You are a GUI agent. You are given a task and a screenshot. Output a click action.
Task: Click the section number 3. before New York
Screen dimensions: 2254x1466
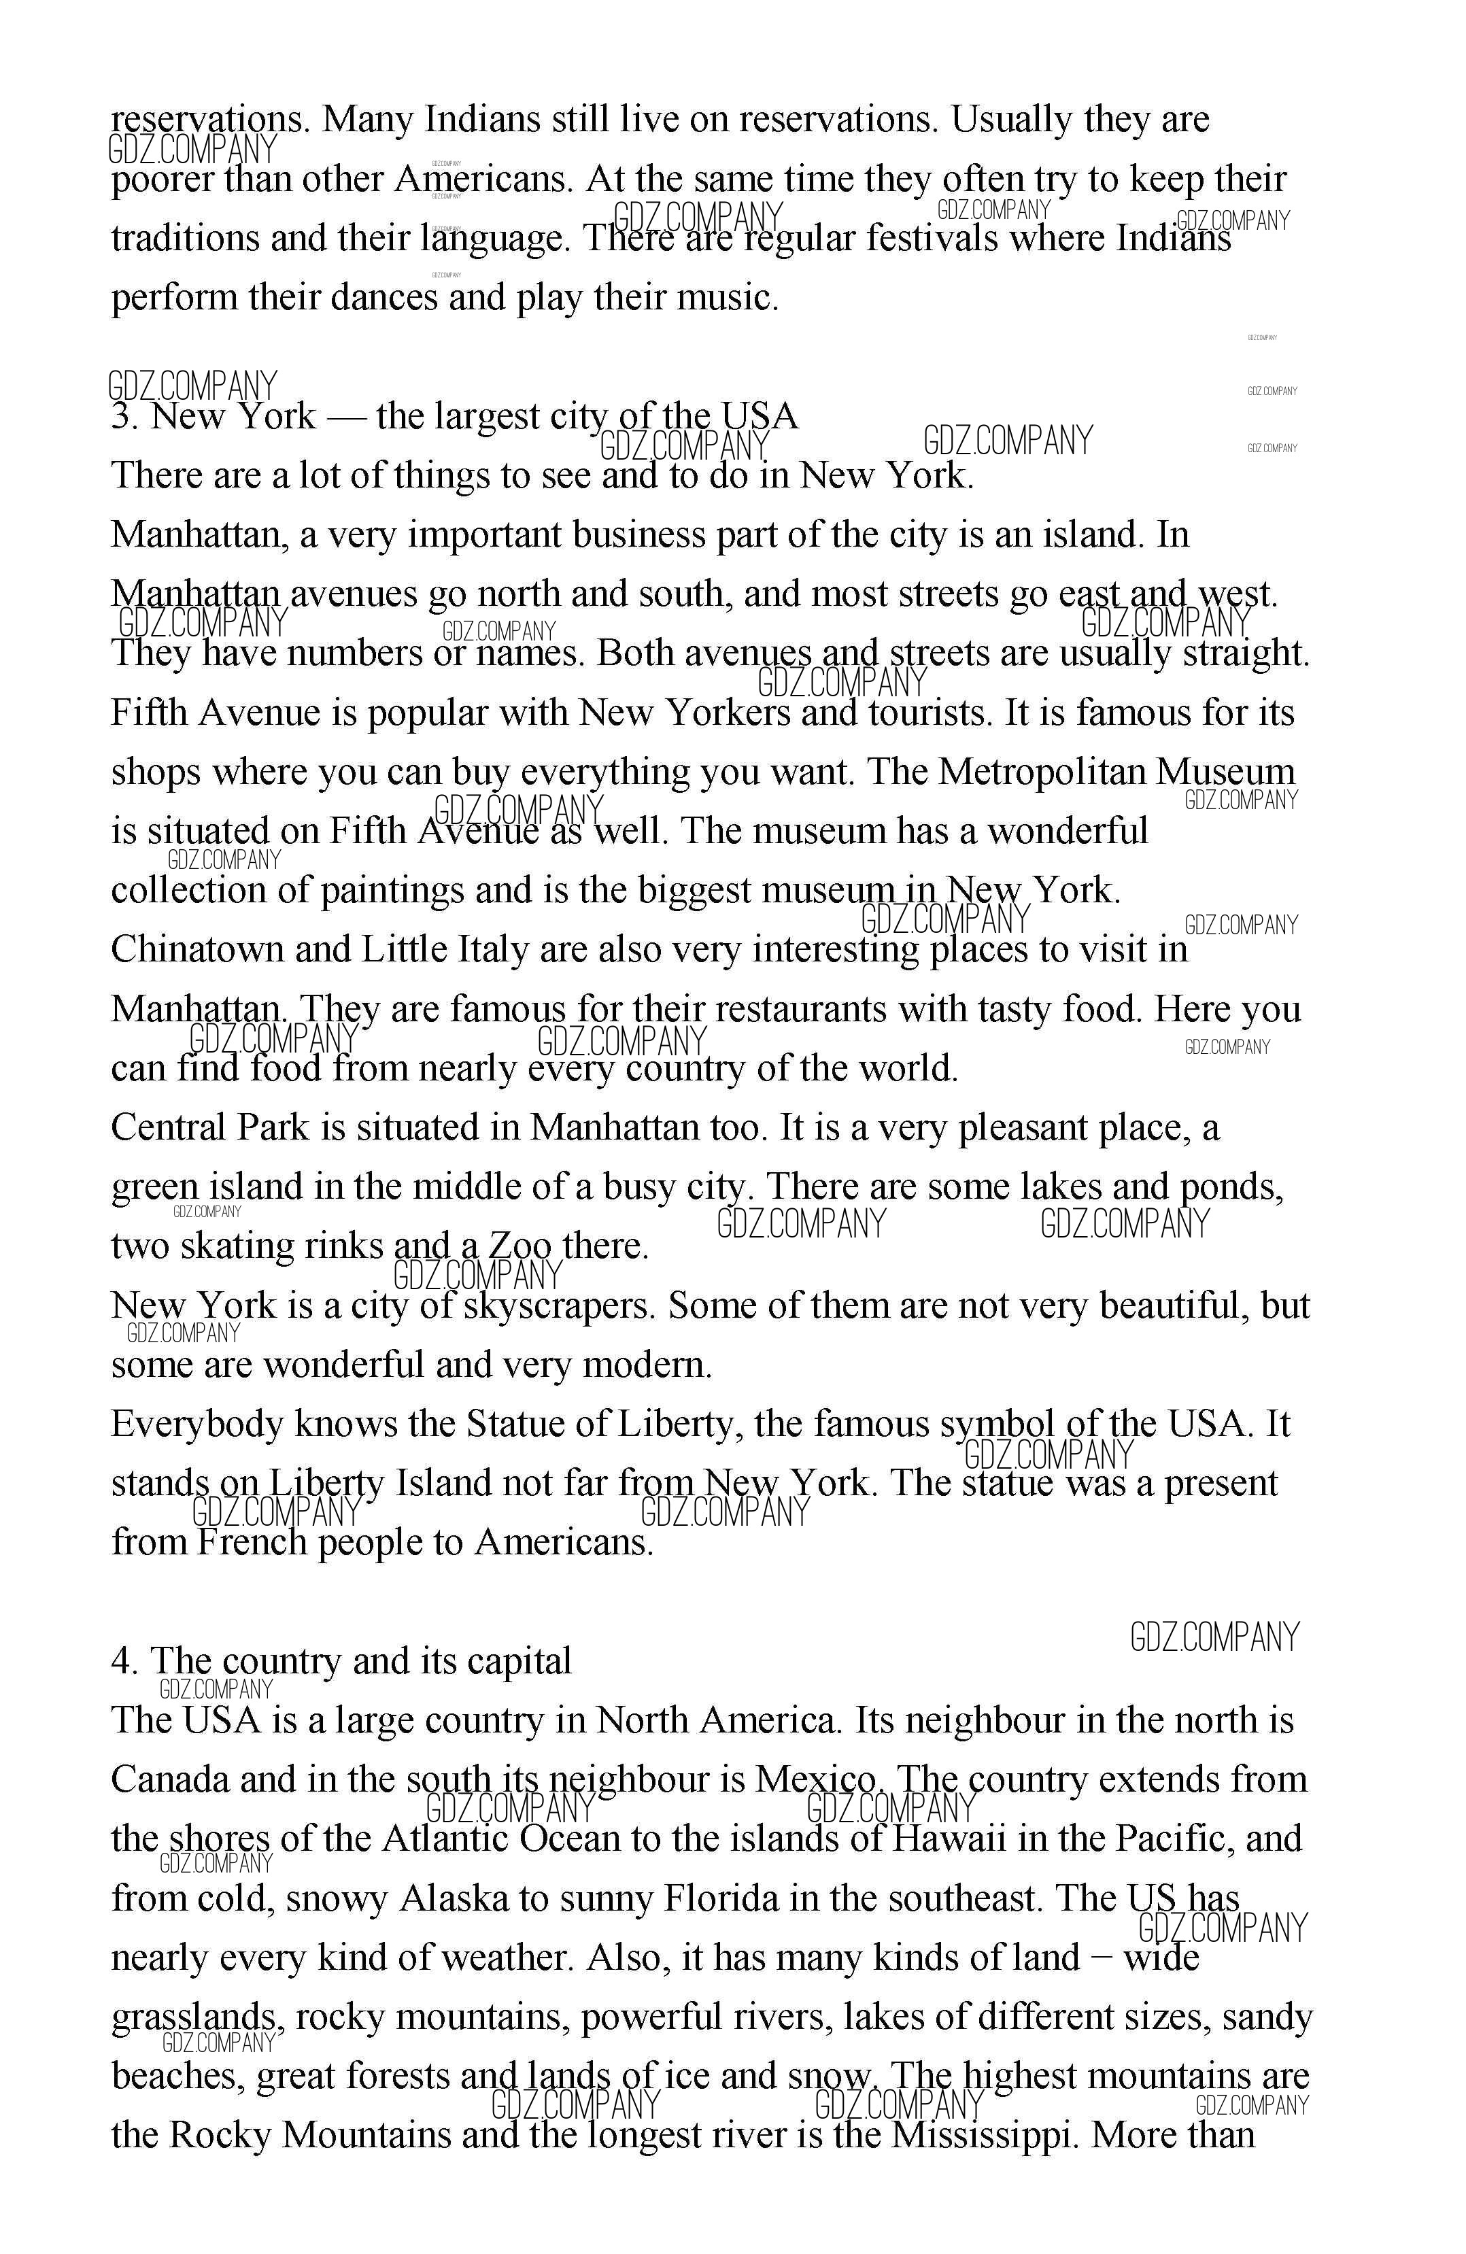point(125,417)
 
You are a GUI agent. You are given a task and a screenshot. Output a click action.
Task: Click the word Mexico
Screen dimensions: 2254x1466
point(817,1779)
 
